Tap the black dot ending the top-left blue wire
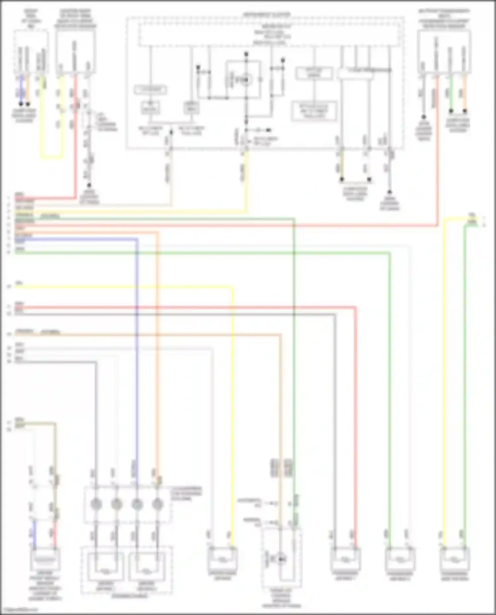tap(21, 104)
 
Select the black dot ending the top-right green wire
tap(451, 111)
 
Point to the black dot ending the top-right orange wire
tap(465, 111)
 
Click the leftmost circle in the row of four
tap(96, 504)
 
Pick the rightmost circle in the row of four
tap(157, 504)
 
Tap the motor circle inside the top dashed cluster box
tap(245, 80)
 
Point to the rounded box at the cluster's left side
tap(150, 90)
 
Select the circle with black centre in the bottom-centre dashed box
tap(281, 559)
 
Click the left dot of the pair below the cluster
tap(342, 179)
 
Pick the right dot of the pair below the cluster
tap(369, 179)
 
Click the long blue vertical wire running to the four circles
tap(137, 364)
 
